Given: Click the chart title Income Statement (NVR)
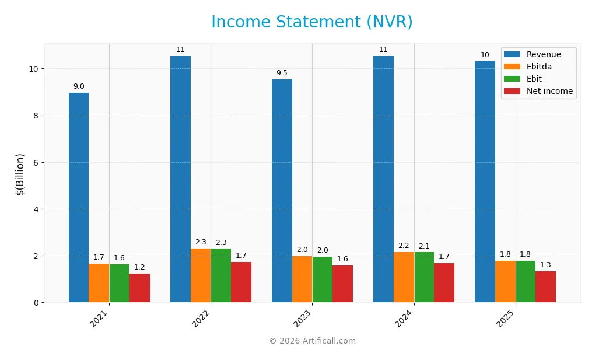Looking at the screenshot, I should (311, 22).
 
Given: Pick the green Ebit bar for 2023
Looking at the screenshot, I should (323, 279).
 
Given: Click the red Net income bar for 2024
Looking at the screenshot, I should (444, 282).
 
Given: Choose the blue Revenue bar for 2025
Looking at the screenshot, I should (485, 181).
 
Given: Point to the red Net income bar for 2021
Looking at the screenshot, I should (140, 288).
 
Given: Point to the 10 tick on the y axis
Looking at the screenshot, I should (33, 69).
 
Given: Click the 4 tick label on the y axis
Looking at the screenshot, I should (36, 209).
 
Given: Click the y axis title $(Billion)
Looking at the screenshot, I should (20, 174).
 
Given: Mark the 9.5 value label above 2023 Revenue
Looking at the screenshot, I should (282, 73).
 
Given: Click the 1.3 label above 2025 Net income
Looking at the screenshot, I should (545, 265).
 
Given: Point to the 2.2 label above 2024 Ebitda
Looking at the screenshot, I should (404, 246).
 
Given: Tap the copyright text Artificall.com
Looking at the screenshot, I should (312, 341).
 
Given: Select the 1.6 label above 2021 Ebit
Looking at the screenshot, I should (119, 258).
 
